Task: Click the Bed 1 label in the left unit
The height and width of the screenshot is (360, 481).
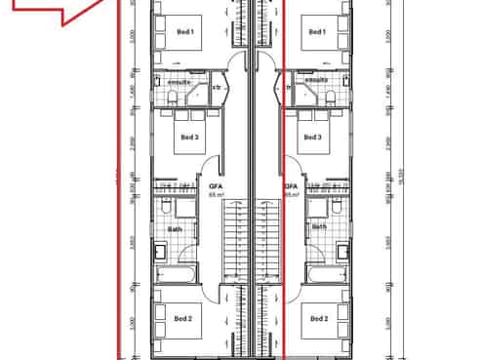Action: (x=185, y=32)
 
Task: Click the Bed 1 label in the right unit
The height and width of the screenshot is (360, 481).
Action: (x=316, y=32)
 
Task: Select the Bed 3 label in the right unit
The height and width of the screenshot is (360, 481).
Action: (x=313, y=138)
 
